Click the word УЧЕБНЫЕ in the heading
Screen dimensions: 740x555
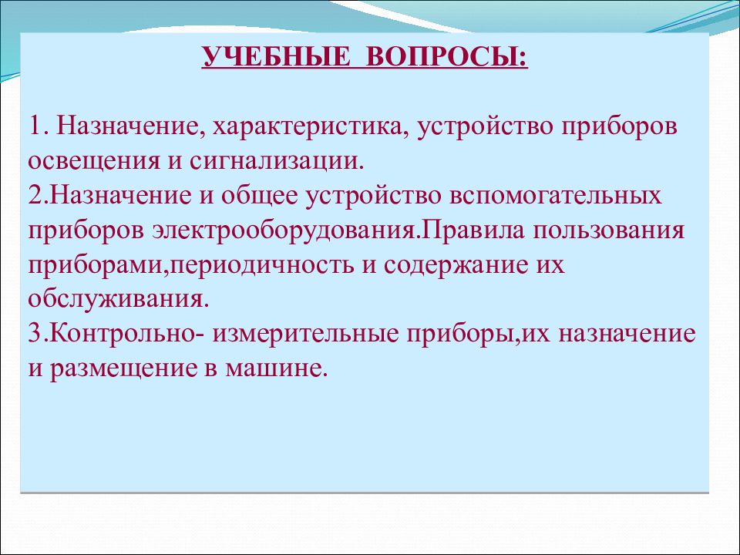pos(277,57)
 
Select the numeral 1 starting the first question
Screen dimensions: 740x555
pos(36,126)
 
